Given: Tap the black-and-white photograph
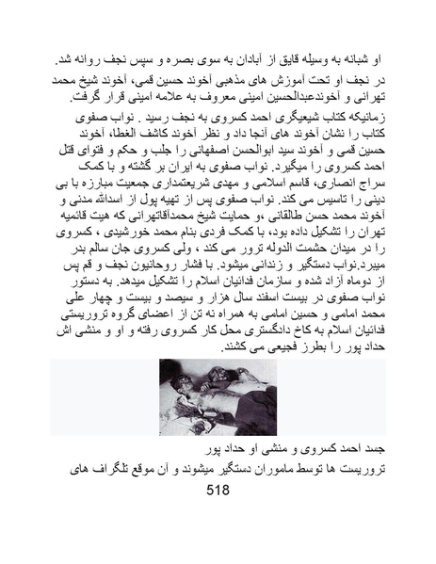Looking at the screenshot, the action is [218, 395].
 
